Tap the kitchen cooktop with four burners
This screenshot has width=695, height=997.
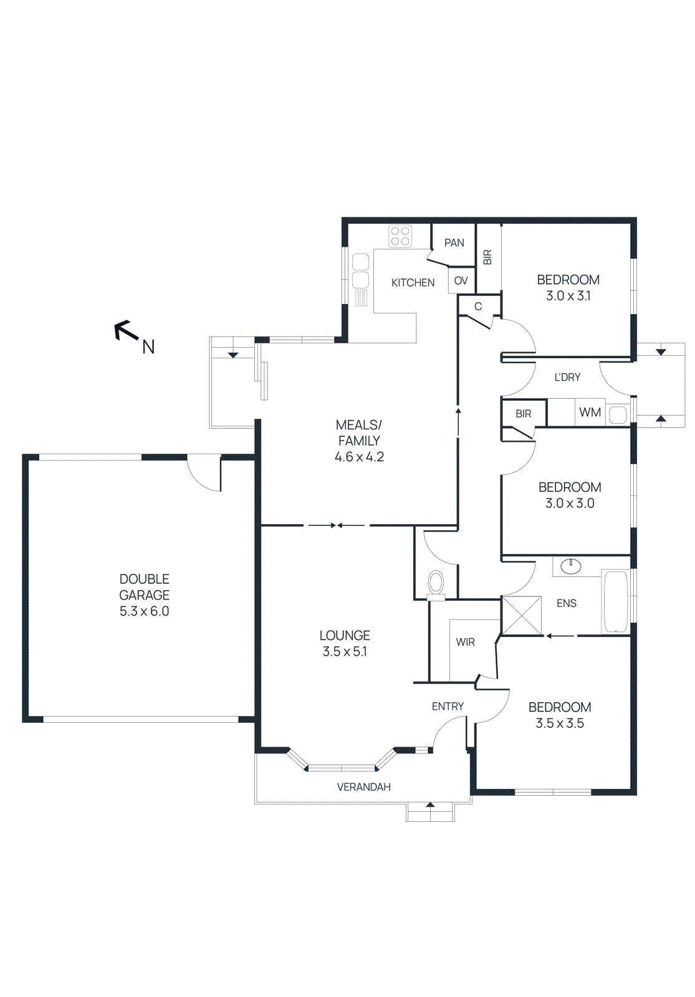click(401, 237)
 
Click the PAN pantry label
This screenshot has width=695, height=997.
click(454, 243)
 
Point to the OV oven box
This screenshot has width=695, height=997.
click(461, 281)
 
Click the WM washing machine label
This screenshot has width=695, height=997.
click(590, 413)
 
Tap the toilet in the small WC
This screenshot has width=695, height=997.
click(436, 584)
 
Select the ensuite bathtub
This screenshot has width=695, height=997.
click(616, 602)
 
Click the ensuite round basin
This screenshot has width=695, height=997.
click(570, 566)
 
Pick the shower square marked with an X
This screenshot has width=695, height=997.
click(522, 616)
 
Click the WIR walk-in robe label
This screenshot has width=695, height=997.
click(465, 642)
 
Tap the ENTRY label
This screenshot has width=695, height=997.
click(448, 707)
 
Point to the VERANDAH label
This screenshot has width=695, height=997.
click(364, 787)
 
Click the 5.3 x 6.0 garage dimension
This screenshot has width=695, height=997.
click(144, 611)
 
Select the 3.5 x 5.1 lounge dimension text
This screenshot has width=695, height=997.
click(345, 652)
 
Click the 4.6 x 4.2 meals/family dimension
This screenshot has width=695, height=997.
click(359, 457)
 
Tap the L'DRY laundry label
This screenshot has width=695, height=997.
click(567, 378)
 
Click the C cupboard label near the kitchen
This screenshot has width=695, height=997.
click(478, 307)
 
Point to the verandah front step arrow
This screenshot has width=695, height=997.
click(430, 806)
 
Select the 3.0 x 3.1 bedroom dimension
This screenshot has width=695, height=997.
click(568, 296)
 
